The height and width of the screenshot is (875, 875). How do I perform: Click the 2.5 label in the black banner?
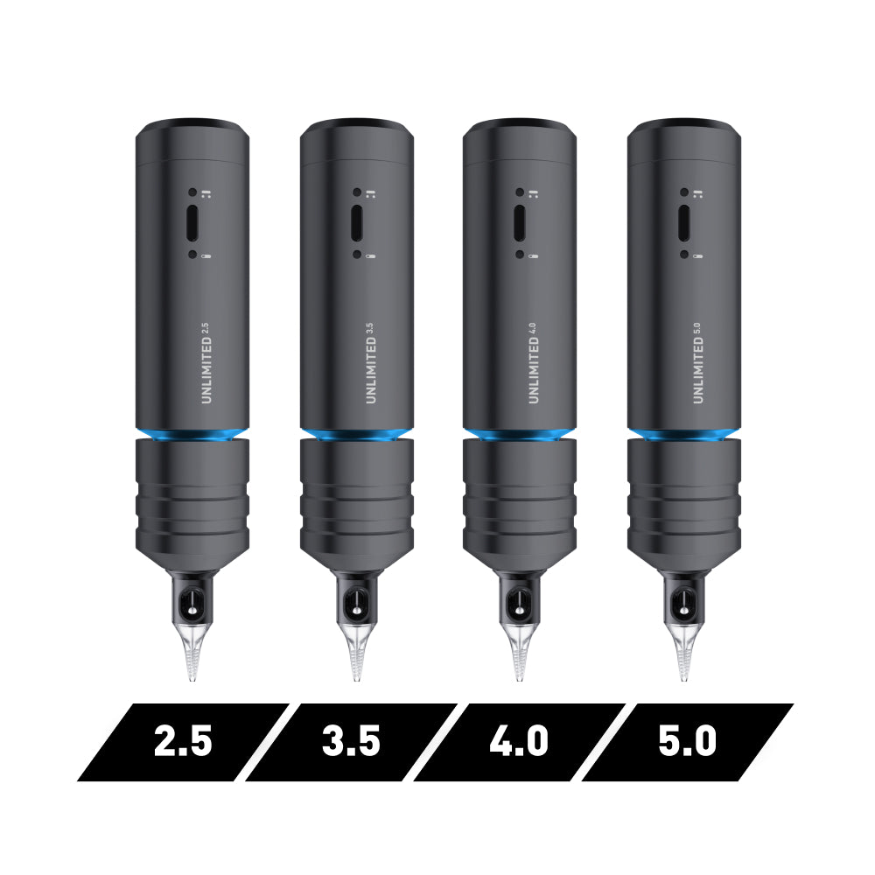[x=183, y=740]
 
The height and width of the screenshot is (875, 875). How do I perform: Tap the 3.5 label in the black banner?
[x=351, y=740]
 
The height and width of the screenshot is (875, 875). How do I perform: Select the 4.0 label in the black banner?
[x=519, y=740]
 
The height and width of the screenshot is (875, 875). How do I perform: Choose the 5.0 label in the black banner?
[x=687, y=740]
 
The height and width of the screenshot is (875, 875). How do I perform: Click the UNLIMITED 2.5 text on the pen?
[x=206, y=363]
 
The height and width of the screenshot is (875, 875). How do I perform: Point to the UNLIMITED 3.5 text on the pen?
[x=370, y=363]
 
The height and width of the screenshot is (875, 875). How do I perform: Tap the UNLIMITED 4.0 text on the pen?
[x=533, y=363]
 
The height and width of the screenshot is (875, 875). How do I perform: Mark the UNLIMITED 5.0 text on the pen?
[x=697, y=363]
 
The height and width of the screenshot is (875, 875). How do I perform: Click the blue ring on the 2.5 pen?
[x=192, y=434]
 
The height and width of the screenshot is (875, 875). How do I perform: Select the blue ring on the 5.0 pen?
[x=684, y=434]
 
